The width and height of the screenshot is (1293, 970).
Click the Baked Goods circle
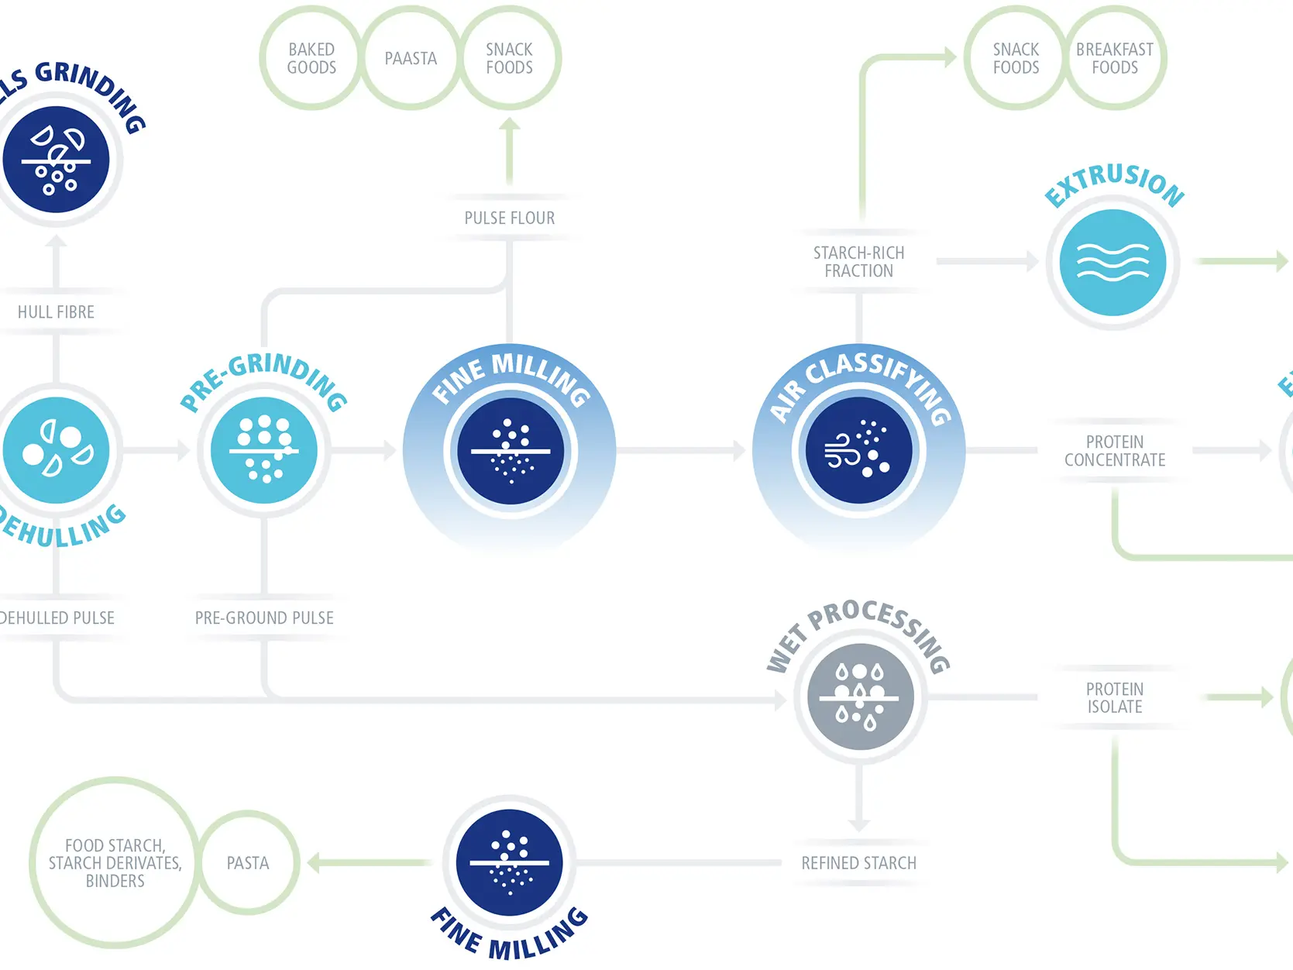click(311, 58)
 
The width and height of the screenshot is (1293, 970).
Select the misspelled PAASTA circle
click(411, 58)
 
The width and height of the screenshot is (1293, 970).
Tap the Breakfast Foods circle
click(1114, 58)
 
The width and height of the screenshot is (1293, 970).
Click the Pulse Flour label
click(509, 218)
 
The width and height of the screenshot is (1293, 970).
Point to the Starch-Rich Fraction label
click(858, 262)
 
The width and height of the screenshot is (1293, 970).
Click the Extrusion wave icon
click(1112, 263)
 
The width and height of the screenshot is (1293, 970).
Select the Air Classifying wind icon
click(858, 450)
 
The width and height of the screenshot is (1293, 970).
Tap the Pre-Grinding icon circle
click(264, 450)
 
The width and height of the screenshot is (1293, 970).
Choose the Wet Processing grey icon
click(860, 697)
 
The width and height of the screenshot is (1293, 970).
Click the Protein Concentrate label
click(1114, 451)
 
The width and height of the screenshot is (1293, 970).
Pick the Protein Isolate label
click(1114, 697)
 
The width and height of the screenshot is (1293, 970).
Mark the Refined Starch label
click(858, 863)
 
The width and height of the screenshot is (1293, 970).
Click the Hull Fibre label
click(56, 312)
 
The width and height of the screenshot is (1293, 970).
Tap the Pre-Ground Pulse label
click(264, 618)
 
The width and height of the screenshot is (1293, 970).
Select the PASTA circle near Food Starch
click(248, 863)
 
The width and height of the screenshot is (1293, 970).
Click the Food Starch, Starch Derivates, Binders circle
click(115, 863)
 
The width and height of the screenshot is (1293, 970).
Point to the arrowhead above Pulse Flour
click(509, 126)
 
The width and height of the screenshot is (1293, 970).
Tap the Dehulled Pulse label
click(57, 618)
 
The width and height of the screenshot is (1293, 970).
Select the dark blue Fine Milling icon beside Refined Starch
click(510, 862)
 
